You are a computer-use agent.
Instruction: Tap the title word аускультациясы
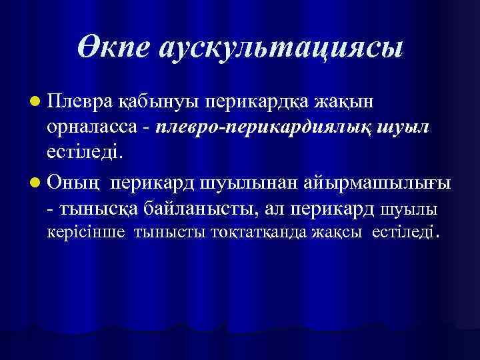coord(281,49)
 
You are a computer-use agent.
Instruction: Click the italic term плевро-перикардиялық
coord(253,127)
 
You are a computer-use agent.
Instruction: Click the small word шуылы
coord(409,209)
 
